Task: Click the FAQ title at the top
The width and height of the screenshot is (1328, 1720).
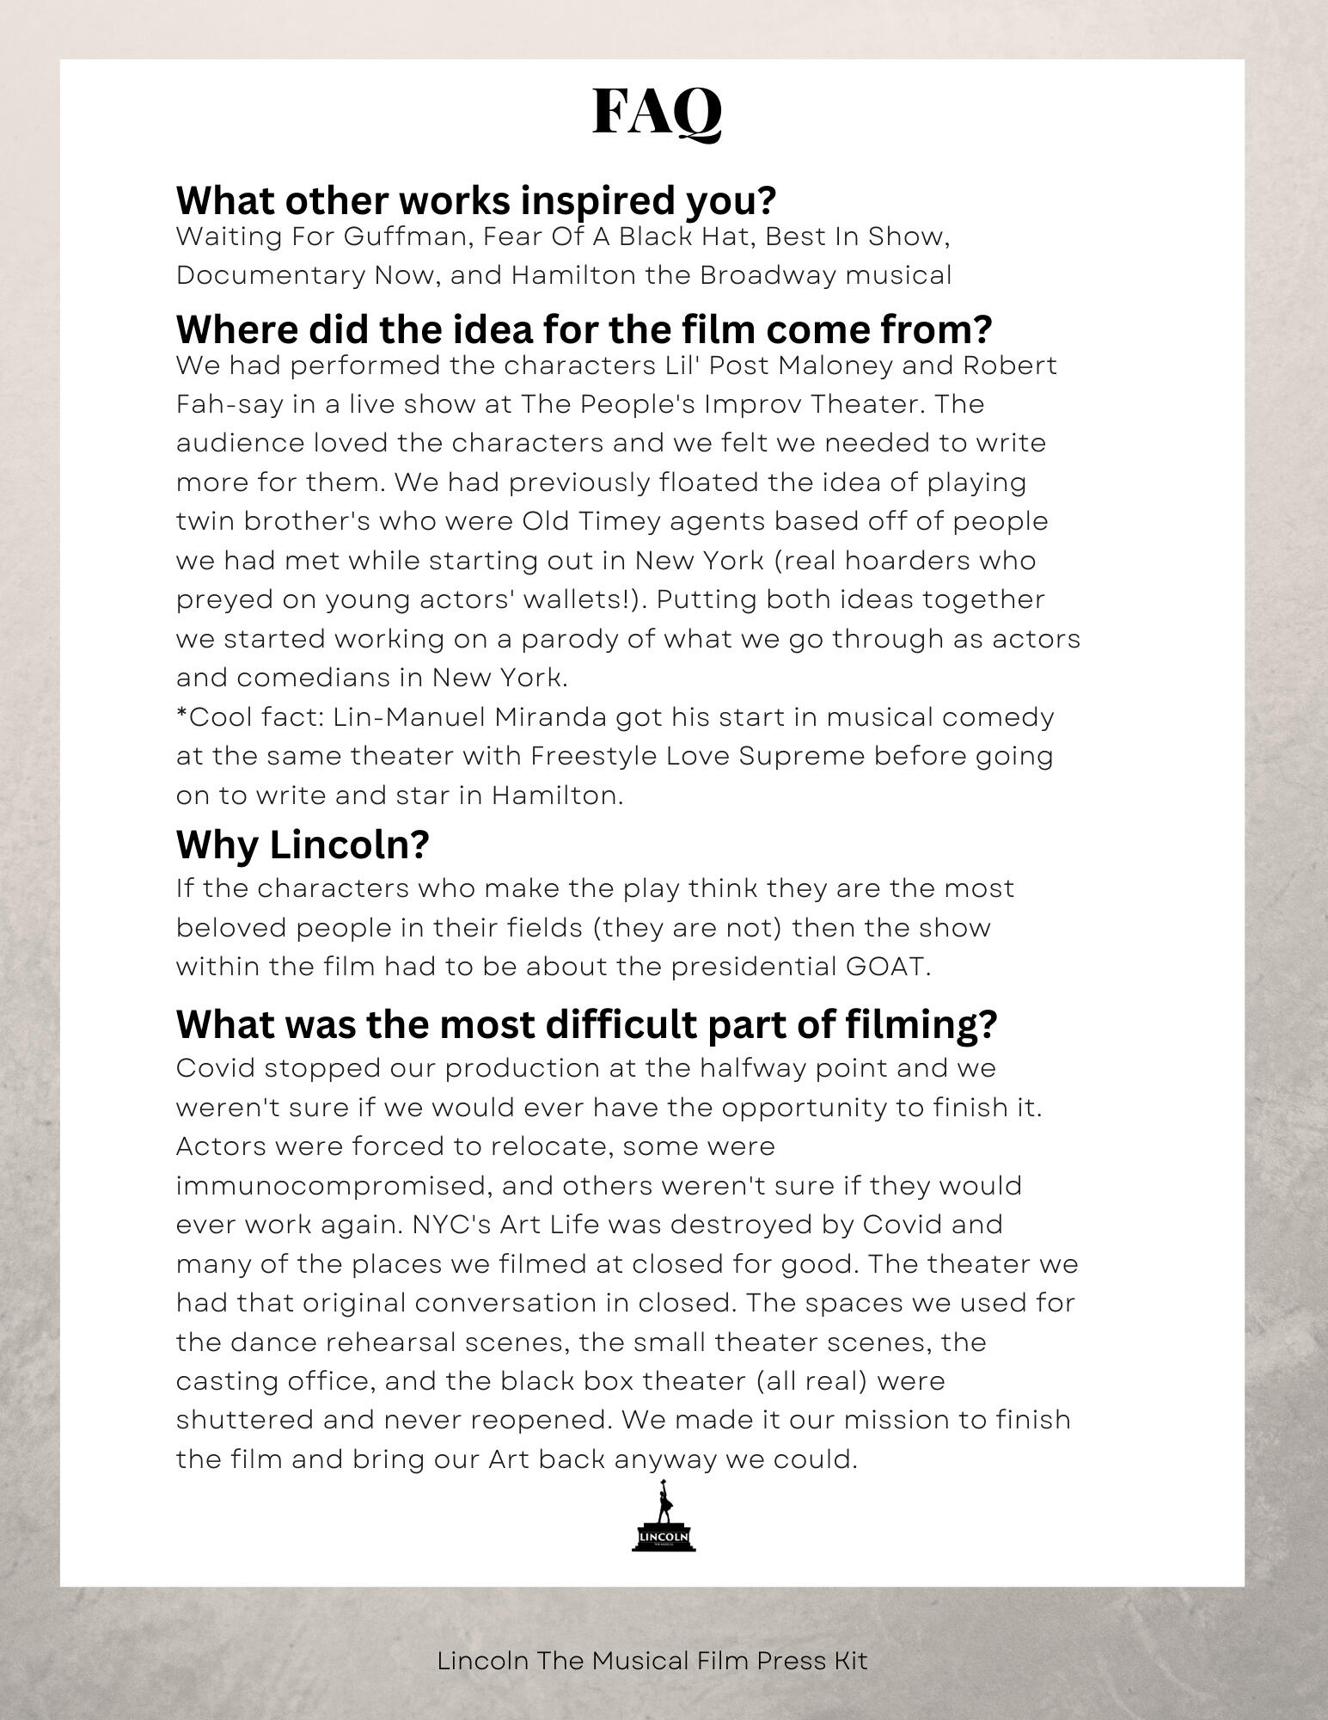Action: pyautogui.click(x=658, y=112)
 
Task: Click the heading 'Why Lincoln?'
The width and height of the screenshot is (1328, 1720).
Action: pyautogui.click(x=303, y=845)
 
